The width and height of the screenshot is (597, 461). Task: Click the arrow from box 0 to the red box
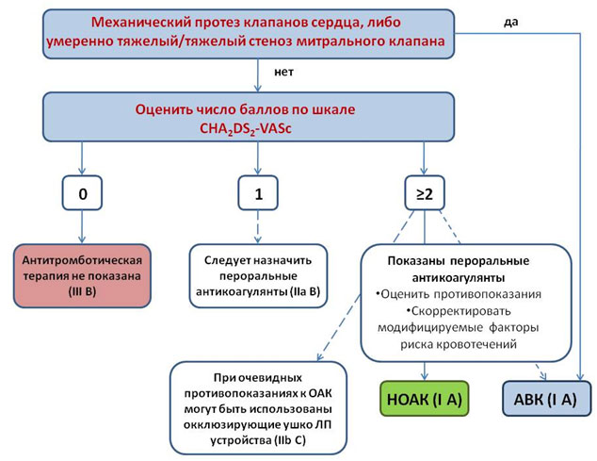tap(83, 228)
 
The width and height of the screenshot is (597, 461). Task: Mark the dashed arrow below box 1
tap(257, 228)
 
